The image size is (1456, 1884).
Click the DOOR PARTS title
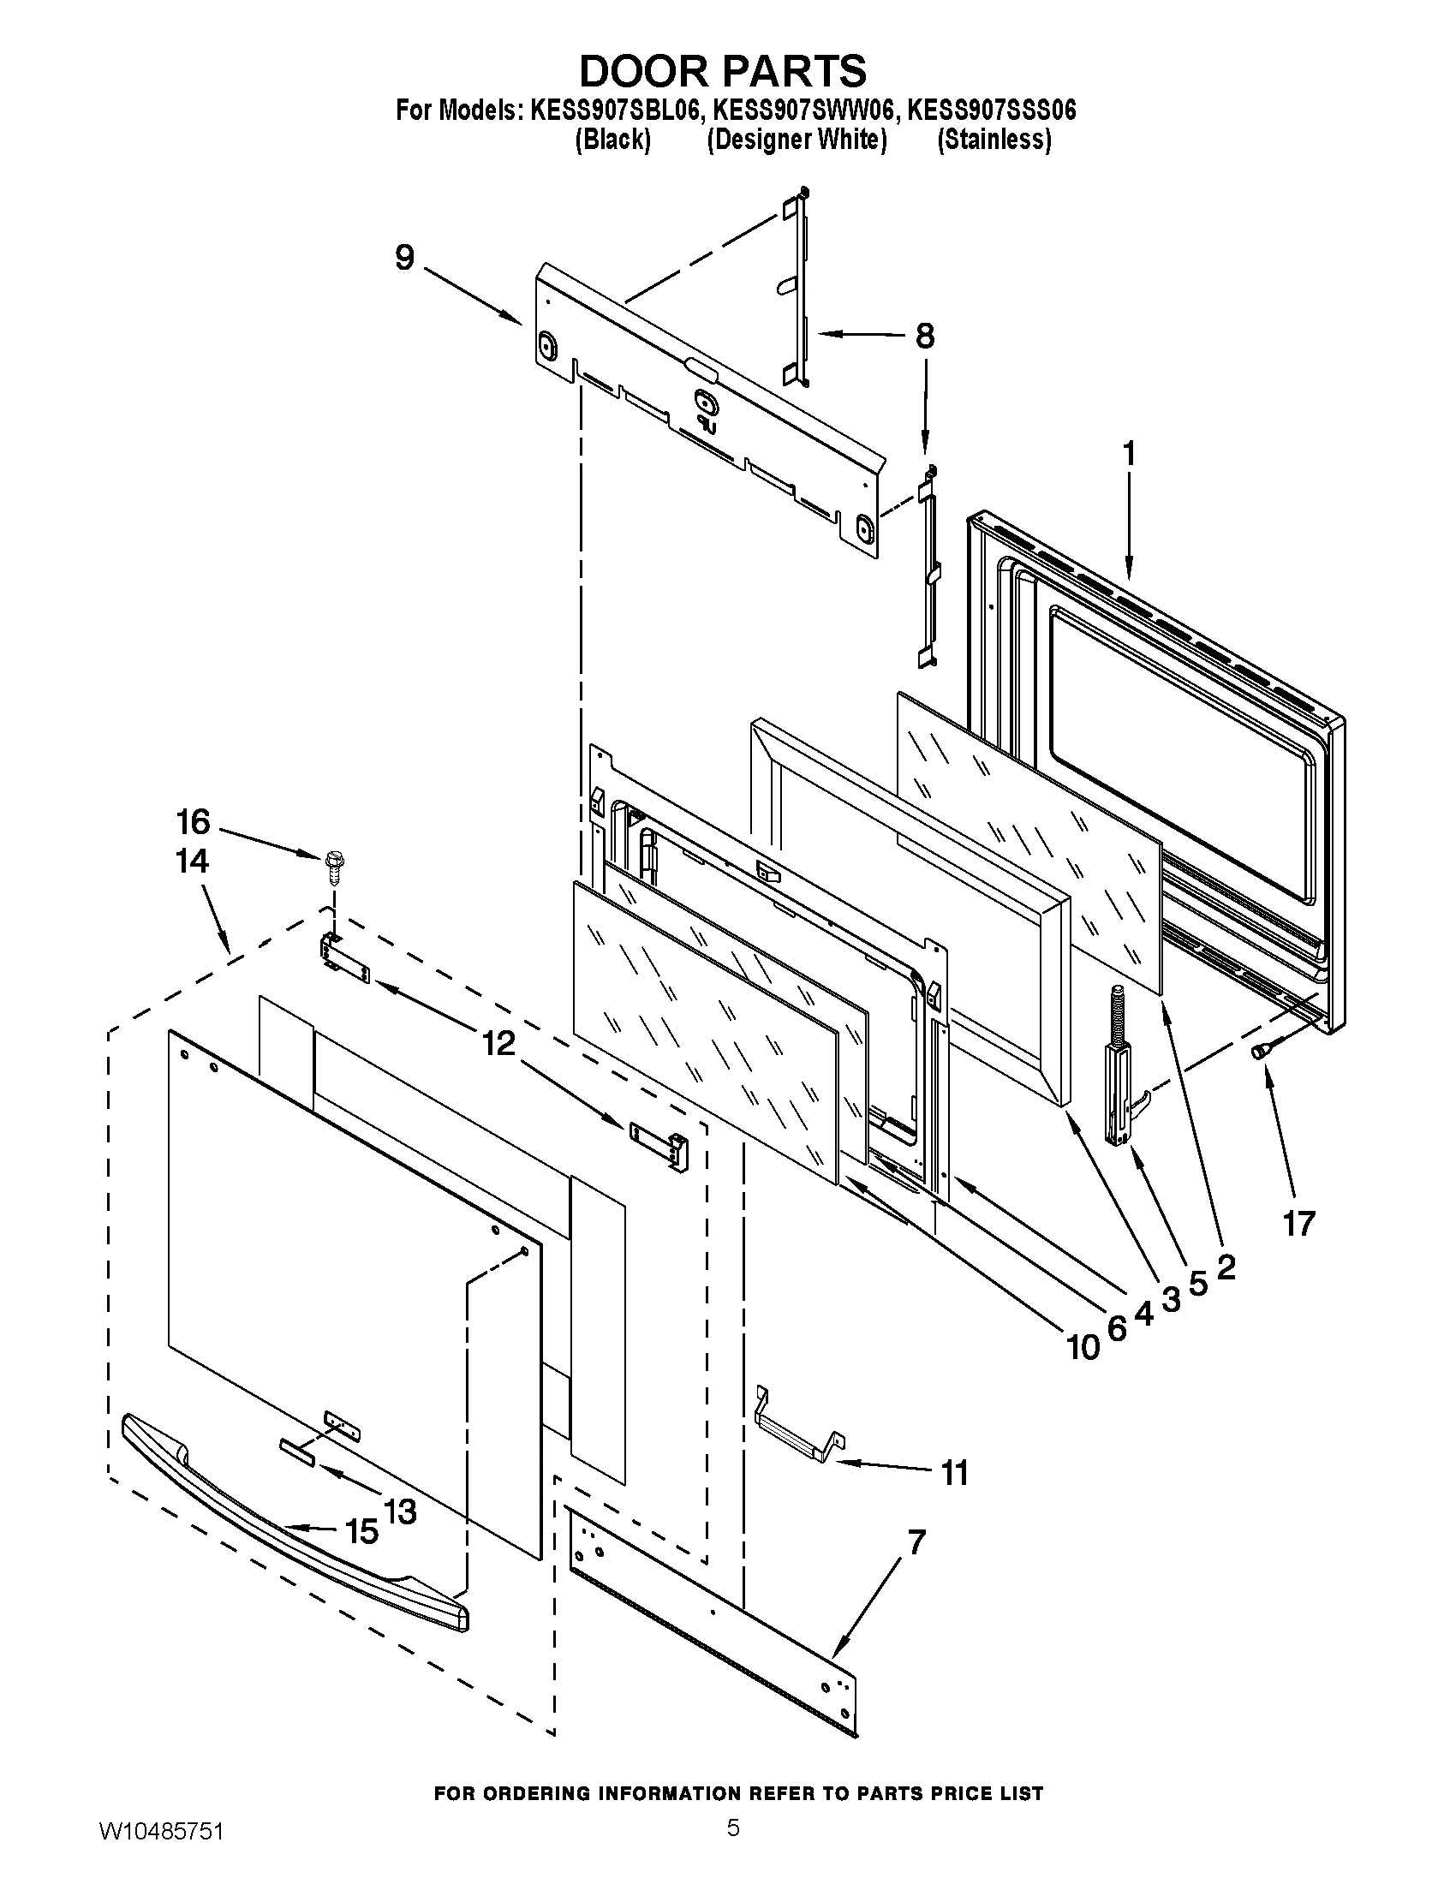point(723,71)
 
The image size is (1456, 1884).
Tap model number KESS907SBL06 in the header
point(612,111)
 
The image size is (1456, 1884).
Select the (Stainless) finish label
point(994,140)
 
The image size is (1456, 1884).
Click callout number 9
point(404,258)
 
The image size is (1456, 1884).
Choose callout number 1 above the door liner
point(1128,456)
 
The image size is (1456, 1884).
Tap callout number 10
point(1083,1346)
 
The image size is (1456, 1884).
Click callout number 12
point(498,1045)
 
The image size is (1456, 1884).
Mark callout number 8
point(924,336)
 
